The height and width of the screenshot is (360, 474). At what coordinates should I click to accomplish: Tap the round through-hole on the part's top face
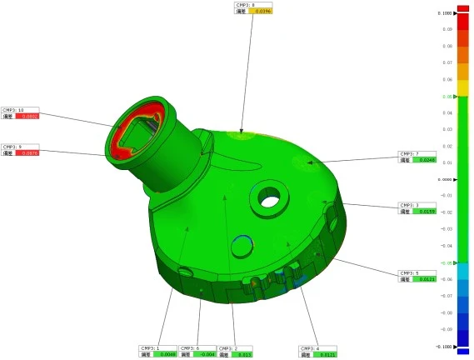267,198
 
